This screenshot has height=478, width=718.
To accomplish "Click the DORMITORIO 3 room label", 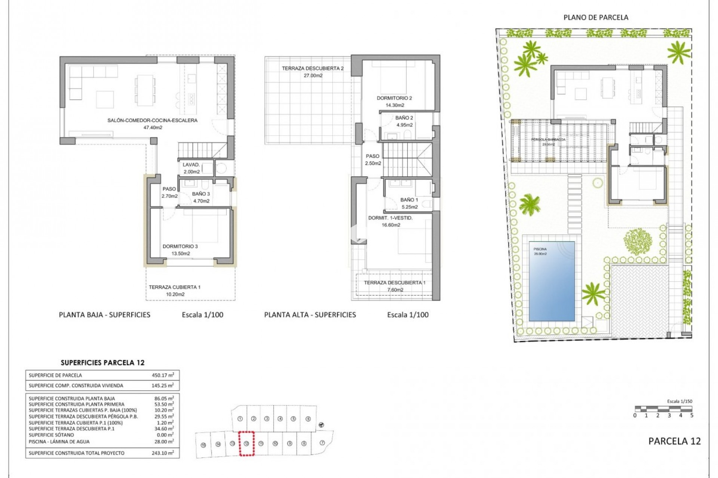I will click(x=180, y=246).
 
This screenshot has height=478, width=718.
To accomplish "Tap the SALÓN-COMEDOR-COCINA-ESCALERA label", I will click(x=152, y=120).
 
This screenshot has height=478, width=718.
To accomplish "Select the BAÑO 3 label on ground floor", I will click(x=201, y=194).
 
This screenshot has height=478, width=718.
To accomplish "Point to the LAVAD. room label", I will click(x=191, y=165).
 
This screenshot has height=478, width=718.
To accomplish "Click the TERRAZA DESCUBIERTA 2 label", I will click(x=313, y=68).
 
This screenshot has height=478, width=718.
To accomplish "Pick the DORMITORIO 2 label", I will click(x=394, y=98).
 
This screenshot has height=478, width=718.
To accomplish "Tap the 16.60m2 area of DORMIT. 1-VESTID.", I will click(x=391, y=225).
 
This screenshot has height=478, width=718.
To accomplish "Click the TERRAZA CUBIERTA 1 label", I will click(x=175, y=287).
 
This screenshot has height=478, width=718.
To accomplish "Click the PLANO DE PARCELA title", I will click(x=596, y=17).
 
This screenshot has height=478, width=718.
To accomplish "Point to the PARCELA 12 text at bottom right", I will click(x=674, y=441).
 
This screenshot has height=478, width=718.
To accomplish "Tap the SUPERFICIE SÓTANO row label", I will click(x=51, y=435).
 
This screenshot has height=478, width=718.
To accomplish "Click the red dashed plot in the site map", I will click(x=246, y=443).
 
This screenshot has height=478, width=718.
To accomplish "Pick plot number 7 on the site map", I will click(x=322, y=443).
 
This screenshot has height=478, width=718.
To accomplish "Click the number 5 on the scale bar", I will click(x=691, y=415).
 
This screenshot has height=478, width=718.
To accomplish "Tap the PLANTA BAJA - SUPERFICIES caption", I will click(x=104, y=315).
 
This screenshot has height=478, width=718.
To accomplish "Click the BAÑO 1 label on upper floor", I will click(x=409, y=200).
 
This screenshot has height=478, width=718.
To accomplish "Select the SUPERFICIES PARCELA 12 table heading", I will click(x=102, y=363).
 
